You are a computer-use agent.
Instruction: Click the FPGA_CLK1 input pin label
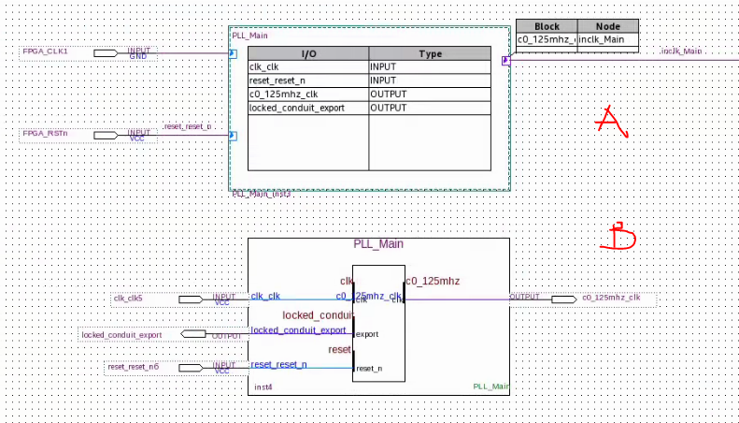(x=45, y=51)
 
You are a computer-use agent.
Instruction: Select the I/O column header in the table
(x=308, y=54)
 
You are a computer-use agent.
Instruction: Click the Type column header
(x=430, y=54)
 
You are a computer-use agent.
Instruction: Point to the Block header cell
(x=547, y=26)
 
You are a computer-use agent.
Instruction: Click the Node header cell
(x=607, y=26)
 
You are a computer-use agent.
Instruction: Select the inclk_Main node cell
(x=607, y=40)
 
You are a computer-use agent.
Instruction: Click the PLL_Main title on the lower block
(x=378, y=244)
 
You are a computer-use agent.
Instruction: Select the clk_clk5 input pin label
(x=128, y=299)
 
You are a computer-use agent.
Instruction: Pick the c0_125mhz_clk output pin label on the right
(x=611, y=299)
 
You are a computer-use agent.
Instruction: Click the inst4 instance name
(x=263, y=386)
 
